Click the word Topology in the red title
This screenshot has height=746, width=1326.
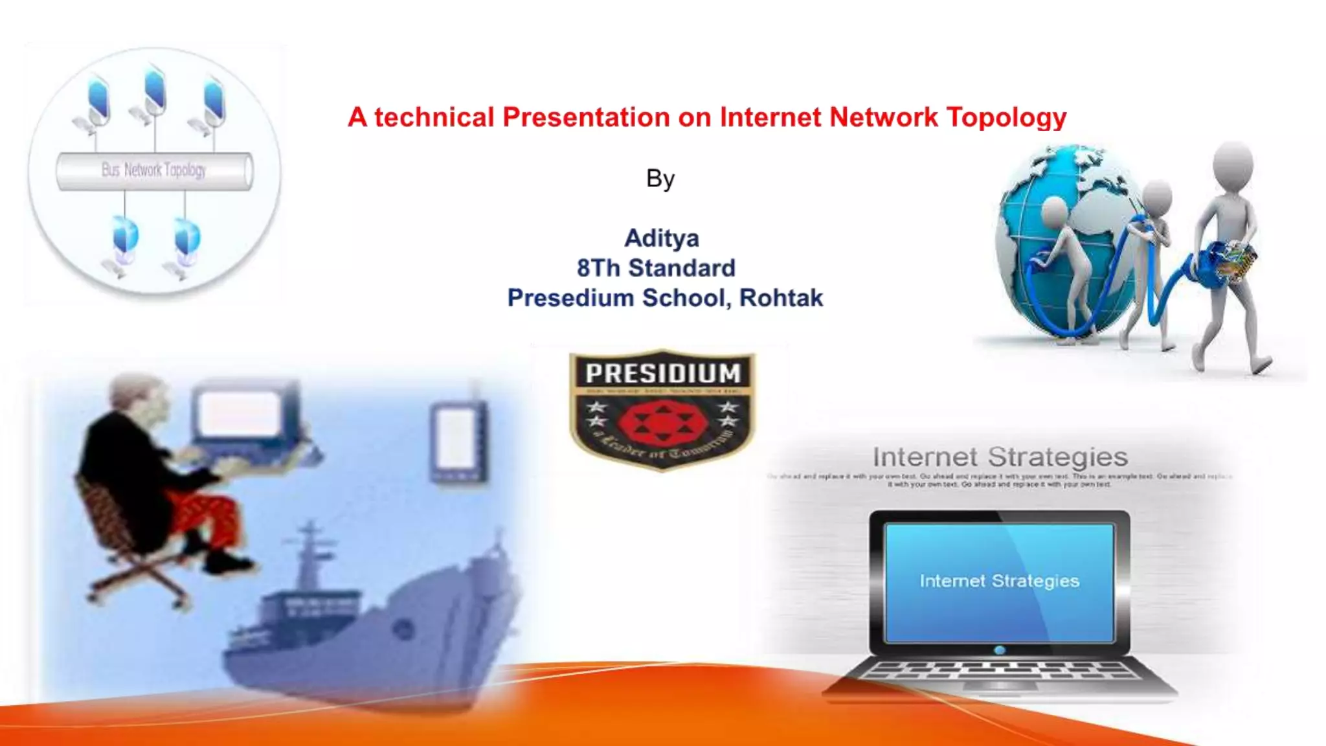click(x=1006, y=118)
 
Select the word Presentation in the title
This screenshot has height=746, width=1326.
click(x=586, y=118)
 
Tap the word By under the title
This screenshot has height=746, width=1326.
click(x=660, y=179)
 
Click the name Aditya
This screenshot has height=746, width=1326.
click(x=661, y=238)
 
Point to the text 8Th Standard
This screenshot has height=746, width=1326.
click(x=656, y=268)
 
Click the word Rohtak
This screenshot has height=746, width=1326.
click(x=781, y=298)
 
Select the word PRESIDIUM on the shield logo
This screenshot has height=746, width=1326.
click(x=662, y=374)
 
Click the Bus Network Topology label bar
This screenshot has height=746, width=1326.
click(x=154, y=171)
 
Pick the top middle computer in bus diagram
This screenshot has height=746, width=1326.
click(x=155, y=94)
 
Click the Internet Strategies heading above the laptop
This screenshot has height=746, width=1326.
click(x=1000, y=457)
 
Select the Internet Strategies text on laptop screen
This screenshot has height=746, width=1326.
click(x=999, y=581)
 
